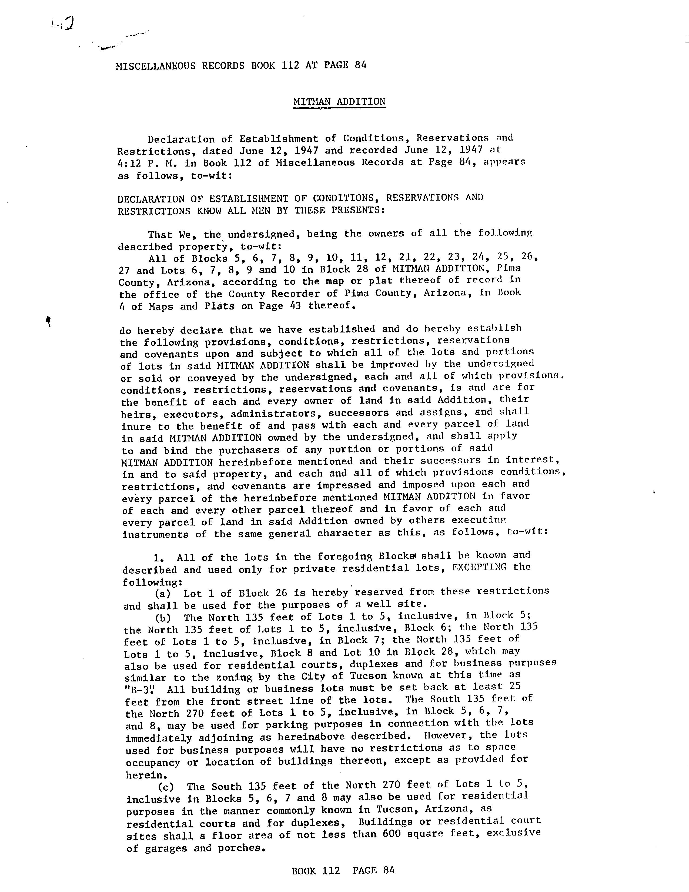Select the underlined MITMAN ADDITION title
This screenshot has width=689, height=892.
tap(339, 102)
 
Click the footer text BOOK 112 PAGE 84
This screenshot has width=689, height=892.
tap(343, 870)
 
